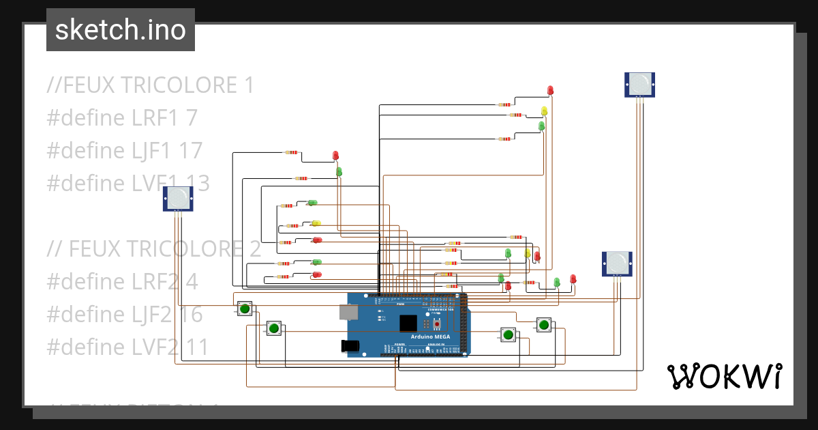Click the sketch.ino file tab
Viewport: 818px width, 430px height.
click(121, 30)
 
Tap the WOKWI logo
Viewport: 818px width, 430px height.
click(724, 376)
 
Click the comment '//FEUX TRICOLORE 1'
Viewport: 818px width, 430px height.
click(151, 85)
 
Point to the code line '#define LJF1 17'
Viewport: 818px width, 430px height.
click(125, 150)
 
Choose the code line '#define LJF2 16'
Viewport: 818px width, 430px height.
click(125, 314)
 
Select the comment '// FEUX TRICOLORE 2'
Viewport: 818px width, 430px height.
click(154, 248)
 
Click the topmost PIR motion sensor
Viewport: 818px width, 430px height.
click(639, 84)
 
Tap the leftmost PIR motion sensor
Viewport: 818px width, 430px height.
click(178, 198)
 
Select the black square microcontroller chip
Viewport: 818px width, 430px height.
click(408, 323)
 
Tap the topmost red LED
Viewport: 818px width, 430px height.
click(551, 90)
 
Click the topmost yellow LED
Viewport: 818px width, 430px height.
click(544, 110)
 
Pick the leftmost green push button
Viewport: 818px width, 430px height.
click(244, 309)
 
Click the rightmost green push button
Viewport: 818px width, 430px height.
click(543, 324)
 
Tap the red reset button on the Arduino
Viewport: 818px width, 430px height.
click(437, 324)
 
